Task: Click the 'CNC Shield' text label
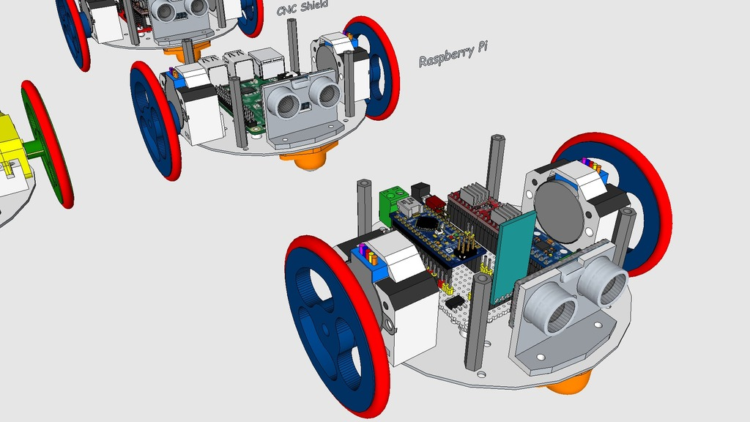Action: (x=302, y=8)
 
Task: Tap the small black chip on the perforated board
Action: (x=454, y=301)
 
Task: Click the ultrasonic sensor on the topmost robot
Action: (x=179, y=10)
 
